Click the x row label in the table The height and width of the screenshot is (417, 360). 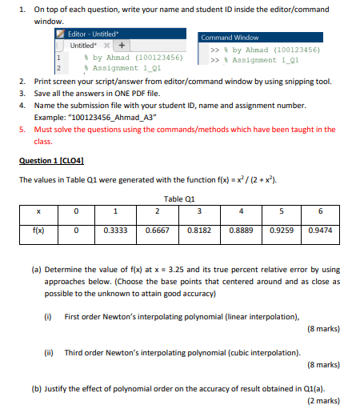coord(38,212)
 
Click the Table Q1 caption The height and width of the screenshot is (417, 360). coord(179,197)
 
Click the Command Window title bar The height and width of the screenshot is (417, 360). coord(230,38)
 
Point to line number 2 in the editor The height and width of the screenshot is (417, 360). coord(58,69)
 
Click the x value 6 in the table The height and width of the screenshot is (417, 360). coord(319,212)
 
